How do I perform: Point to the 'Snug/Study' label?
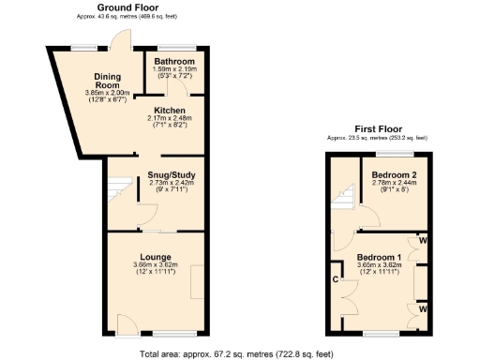171,173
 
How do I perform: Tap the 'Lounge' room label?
155,256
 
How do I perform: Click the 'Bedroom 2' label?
392,174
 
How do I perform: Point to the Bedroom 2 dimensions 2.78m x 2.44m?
392,184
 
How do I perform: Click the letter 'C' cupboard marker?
334,279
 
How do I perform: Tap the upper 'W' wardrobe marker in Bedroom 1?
424,241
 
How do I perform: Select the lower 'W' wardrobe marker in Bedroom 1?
424,307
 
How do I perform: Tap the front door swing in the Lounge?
123,324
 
